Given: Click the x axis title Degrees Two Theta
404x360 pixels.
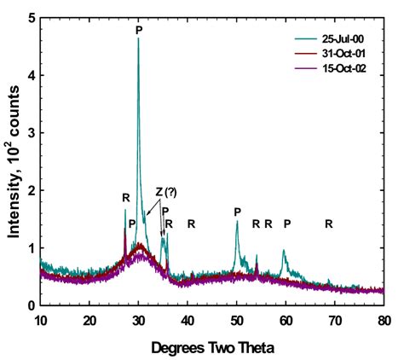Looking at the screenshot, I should coord(212,348).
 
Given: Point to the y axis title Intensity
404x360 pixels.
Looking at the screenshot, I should coord(13,162).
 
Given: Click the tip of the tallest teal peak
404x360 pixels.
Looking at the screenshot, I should coord(138,39).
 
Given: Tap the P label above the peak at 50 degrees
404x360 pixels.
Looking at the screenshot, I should coord(238,211).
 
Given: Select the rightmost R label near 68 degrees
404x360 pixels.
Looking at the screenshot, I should coord(329,224).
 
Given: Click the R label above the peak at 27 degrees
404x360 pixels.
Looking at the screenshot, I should coord(125,198).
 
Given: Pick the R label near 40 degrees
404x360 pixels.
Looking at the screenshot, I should coord(192,224).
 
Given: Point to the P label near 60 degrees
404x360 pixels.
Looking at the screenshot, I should coord(287,224).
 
